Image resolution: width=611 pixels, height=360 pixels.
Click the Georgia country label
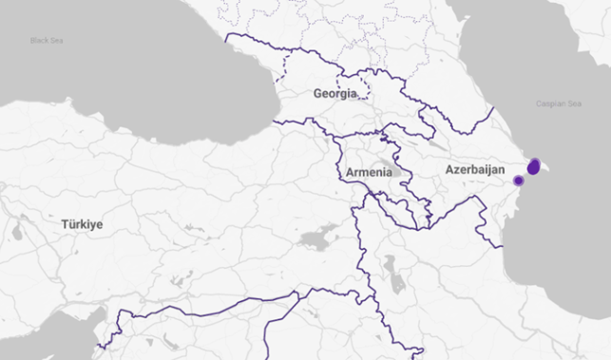click(x=335, y=94)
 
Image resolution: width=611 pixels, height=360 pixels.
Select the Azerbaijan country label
click(x=473, y=169)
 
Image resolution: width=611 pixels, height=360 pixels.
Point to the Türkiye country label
click(x=83, y=225)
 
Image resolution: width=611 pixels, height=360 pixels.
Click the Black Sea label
click(x=45, y=41)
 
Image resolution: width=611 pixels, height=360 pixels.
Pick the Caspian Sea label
click(x=558, y=104)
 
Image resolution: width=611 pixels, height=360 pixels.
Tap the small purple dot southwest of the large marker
click(x=518, y=180)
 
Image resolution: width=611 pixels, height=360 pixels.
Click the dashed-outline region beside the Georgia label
click(x=372, y=90)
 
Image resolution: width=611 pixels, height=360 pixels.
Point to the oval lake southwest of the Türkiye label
click(x=16, y=230)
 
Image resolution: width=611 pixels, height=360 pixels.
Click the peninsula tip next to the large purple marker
click(x=546, y=169)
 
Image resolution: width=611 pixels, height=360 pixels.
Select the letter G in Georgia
click(x=318, y=94)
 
